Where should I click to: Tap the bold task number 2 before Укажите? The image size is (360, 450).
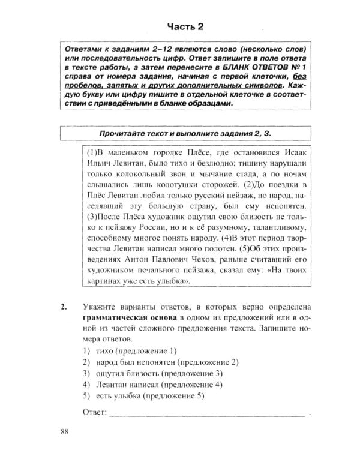(x=64, y=308)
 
